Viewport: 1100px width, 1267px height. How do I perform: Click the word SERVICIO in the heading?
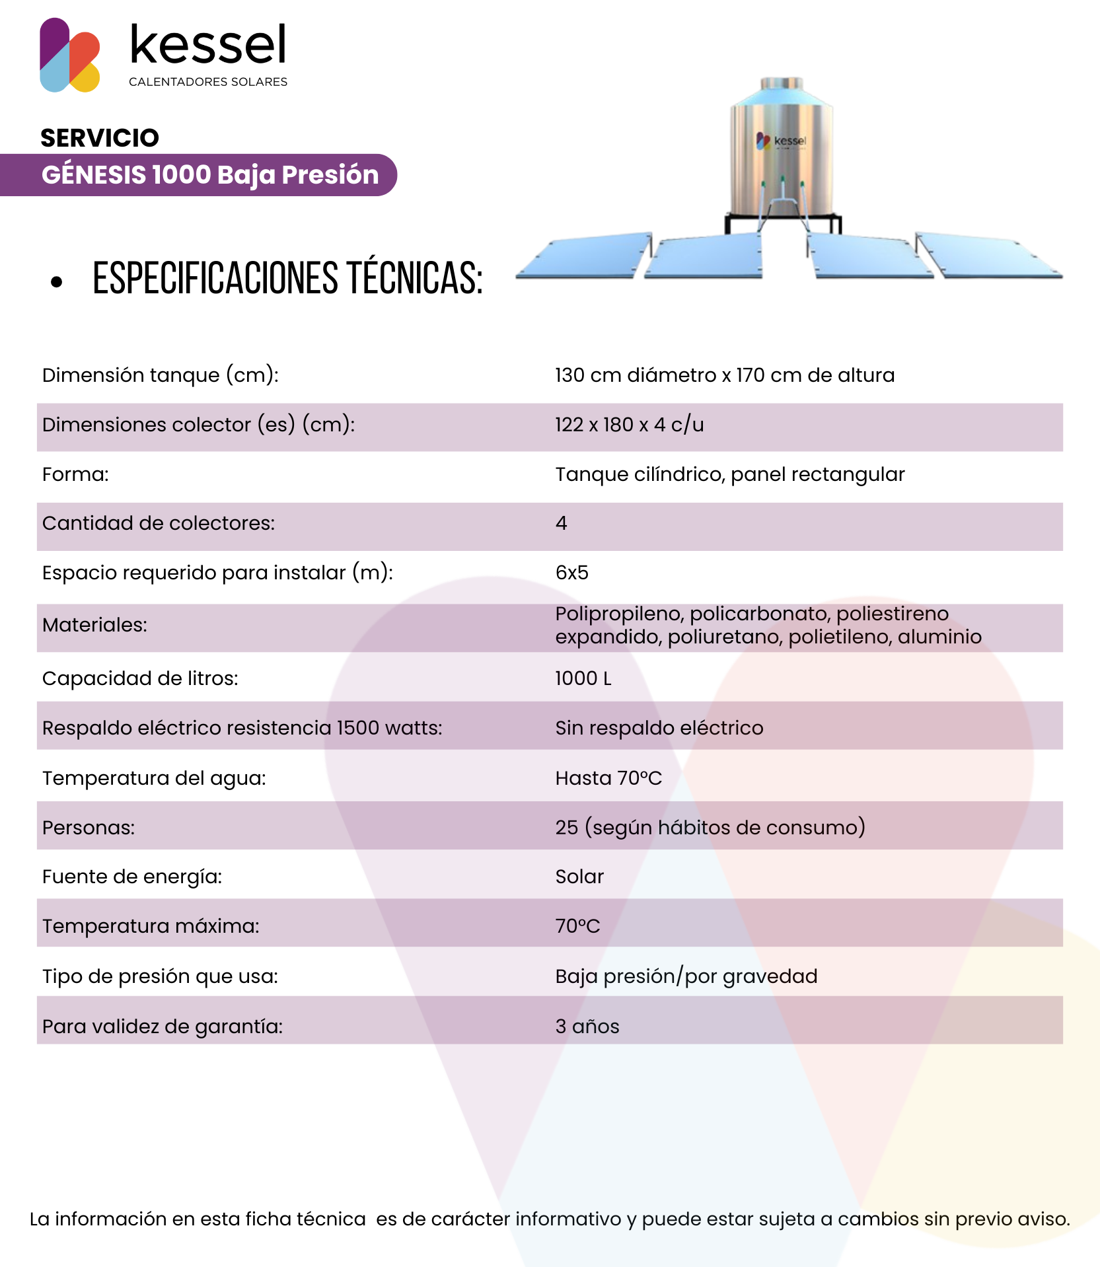(100, 138)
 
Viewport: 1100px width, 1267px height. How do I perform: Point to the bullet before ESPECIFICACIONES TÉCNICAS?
(57, 282)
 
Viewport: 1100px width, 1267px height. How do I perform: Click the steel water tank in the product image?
(781, 152)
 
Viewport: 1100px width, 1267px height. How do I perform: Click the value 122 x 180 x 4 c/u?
(629, 425)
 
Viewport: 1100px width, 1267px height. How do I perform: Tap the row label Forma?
(75, 474)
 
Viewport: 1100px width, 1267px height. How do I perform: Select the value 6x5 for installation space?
(571, 573)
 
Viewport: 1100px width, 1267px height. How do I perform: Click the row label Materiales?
(94, 625)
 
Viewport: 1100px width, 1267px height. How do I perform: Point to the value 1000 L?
(583, 678)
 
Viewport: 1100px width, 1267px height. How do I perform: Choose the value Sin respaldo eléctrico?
(659, 728)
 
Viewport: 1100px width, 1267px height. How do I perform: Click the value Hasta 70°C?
(608, 778)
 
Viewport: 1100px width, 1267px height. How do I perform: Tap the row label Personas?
(89, 828)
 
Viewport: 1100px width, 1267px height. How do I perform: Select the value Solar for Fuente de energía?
(579, 877)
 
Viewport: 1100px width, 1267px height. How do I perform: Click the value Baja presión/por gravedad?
(686, 976)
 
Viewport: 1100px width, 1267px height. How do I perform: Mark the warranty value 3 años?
(587, 1027)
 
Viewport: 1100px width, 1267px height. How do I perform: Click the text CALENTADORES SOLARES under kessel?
(208, 82)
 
